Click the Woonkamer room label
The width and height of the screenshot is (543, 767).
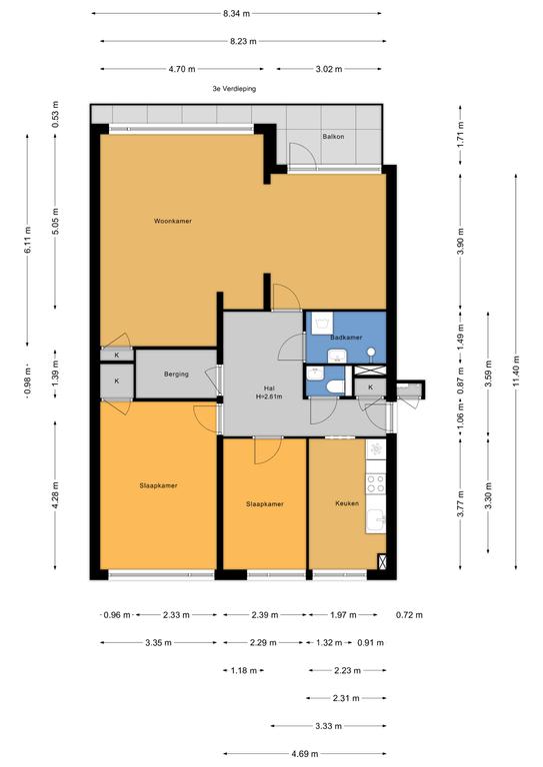(173, 221)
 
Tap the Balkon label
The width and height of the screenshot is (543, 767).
(333, 137)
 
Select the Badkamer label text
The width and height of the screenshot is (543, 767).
(346, 338)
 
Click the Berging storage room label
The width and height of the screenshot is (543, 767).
(176, 375)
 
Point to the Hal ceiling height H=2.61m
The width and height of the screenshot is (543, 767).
(269, 396)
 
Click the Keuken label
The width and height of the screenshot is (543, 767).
(347, 503)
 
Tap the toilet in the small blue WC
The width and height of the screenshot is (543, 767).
(336, 386)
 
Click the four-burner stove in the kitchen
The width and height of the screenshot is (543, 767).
(376, 483)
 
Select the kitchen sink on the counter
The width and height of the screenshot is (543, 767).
(377, 521)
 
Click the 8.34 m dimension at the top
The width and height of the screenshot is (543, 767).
(236, 14)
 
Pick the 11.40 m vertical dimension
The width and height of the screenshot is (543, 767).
(516, 371)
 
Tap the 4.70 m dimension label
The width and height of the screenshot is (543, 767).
(182, 69)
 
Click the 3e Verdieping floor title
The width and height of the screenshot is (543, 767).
(234, 89)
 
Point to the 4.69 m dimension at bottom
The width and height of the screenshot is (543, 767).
(305, 754)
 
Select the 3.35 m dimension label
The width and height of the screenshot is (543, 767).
(158, 643)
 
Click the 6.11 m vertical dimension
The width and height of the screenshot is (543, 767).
(27, 240)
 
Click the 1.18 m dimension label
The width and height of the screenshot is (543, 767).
(244, 671)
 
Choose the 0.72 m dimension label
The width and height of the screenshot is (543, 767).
(409, 615)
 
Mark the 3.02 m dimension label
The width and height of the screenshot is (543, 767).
(329, 69)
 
